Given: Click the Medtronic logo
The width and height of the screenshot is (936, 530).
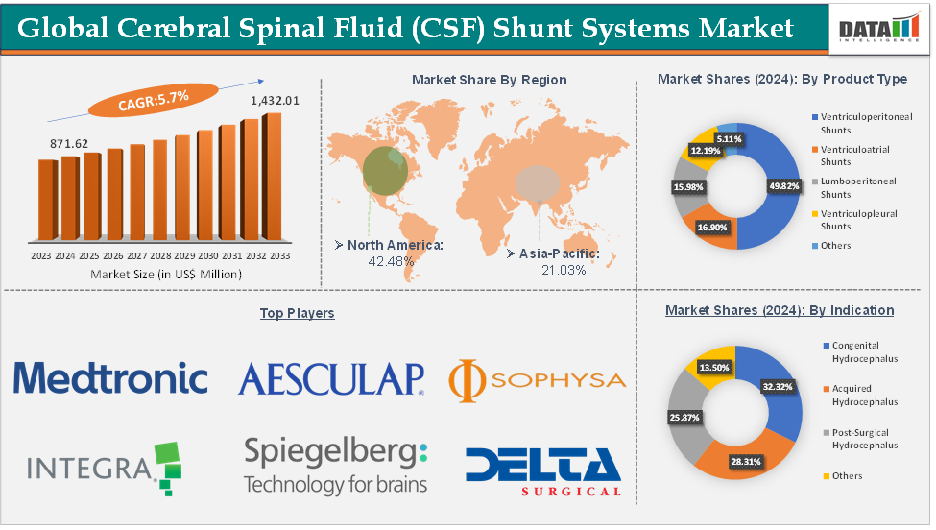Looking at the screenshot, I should [x=110, y=377].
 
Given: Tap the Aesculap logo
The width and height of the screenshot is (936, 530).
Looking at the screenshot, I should [x=331, y=378].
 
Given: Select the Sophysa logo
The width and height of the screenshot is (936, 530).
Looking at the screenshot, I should [x=538, y=379].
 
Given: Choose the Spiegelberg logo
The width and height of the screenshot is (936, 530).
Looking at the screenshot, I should [x=335, y=465].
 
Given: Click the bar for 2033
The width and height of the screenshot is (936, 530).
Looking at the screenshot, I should [x=273, y=176].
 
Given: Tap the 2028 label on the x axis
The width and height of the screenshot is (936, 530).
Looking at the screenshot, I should [x=160, y=256].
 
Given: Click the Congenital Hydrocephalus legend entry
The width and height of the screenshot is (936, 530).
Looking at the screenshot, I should [x=857, y=350].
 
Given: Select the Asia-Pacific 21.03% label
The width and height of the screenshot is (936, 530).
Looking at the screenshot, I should [x=554, y=261].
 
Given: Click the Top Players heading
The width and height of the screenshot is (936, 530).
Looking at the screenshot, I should [x=297, y=313].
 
